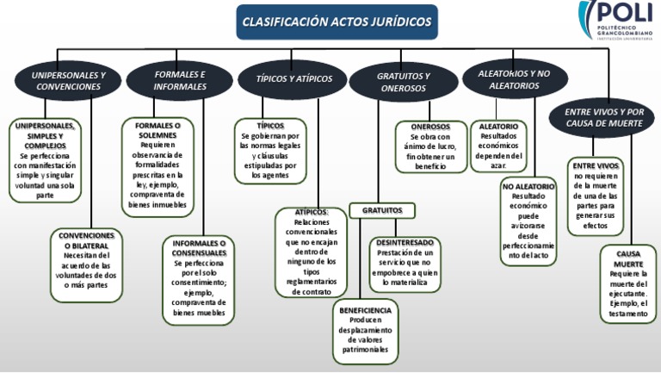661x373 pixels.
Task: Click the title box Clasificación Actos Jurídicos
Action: [x=337, y=22]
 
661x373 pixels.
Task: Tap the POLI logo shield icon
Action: [x=588, y=19]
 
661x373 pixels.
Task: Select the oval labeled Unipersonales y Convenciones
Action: [x=69, y=81]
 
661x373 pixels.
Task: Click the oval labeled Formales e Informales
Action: [x=180, y=80]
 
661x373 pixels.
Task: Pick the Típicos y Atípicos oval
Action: [x=294, y=79]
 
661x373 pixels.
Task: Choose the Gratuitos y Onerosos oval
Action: [x=404, y=82]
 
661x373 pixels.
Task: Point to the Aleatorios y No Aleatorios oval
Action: [x=514, y=80]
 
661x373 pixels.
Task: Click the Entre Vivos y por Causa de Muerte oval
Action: [x=604, y=117]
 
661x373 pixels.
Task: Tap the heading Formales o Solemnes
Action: [x=158, y=130]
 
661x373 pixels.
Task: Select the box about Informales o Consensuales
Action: [x=198, y=281]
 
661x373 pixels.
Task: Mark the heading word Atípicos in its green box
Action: [x=311, y=212]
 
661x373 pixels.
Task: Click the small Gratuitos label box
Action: [x=382, y=209]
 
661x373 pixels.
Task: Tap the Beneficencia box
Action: [x=365, y=330]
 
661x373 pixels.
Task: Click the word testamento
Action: [x=627, y=314]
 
